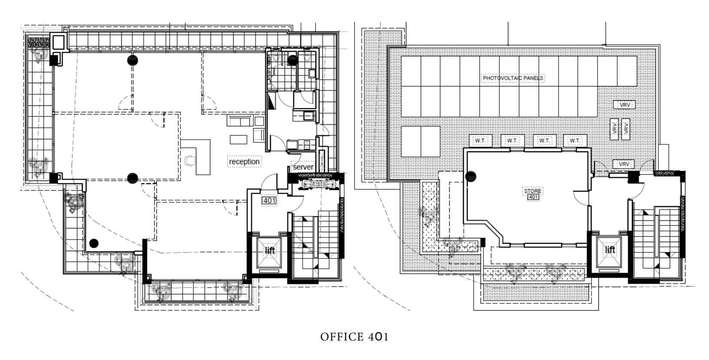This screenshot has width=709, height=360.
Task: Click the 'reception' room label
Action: [244, 162]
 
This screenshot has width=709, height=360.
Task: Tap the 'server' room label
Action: [303, 167]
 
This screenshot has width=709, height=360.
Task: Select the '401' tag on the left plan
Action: [269, 201]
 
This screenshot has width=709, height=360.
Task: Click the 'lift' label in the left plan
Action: [270, 250]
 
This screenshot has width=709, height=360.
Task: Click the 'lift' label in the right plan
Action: [610, 249]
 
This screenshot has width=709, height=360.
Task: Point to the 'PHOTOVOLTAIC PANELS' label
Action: [513, 78]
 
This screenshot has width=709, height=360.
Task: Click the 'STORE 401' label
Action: [533, 194]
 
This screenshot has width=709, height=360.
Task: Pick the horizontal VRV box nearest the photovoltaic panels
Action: [625, 105]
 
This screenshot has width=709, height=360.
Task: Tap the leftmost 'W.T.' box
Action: [480, 141]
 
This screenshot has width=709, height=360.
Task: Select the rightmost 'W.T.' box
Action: [575, 141]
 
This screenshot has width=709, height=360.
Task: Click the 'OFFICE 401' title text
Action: [354, 337]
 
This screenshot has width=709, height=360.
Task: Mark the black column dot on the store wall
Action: [471, 176]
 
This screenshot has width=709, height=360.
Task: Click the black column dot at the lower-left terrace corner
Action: [94, 243]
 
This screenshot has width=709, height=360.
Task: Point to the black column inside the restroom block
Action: [292, 60]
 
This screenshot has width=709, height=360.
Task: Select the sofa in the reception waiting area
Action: [240, 122]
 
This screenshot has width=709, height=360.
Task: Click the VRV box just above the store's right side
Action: [624, 164]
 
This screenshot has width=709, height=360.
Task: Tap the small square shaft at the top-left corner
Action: [58, 42]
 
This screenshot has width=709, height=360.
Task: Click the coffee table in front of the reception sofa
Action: [239, 139]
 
